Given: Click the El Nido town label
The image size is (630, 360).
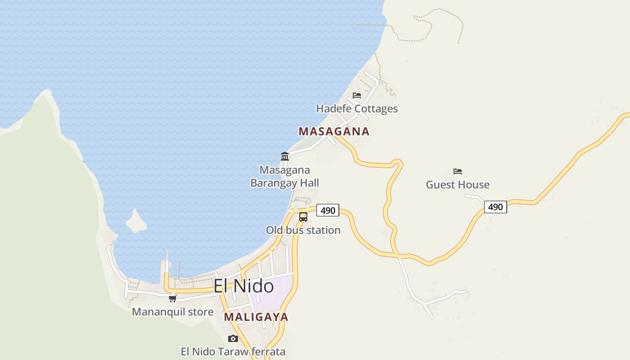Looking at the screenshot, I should [x=243, y=286].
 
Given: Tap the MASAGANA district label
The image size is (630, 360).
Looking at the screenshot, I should [x=334, y=131].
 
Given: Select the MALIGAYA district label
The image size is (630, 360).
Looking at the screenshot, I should [x=256, y=317].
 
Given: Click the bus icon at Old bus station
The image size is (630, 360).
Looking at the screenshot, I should [x=303, y=217].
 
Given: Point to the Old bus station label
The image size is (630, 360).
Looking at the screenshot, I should [x=303, y=230].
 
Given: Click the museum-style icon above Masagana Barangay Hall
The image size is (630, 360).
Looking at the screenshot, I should [x=285, y=156].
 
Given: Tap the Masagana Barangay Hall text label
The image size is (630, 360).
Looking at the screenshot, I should [x=284, y=176].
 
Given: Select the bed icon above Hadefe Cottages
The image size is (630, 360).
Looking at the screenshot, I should [x=357, y=95].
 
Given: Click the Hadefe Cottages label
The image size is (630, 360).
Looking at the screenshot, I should [x=357, y=108].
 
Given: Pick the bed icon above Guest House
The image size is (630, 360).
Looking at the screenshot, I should [x=458, y=171].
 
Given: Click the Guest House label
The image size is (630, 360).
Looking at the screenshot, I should [x=458, y=184].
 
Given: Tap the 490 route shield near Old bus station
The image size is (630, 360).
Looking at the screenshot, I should [x=328, y=210].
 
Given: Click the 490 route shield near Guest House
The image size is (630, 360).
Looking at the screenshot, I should [x=495, y=207].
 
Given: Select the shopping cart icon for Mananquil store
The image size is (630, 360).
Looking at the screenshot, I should [x=172, y=298].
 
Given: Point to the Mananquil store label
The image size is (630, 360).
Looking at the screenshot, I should [x=172, y=312].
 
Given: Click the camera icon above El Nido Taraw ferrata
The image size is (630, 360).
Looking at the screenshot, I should [x=233, y=338].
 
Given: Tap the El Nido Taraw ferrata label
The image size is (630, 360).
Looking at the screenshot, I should [x=233, y=351].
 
